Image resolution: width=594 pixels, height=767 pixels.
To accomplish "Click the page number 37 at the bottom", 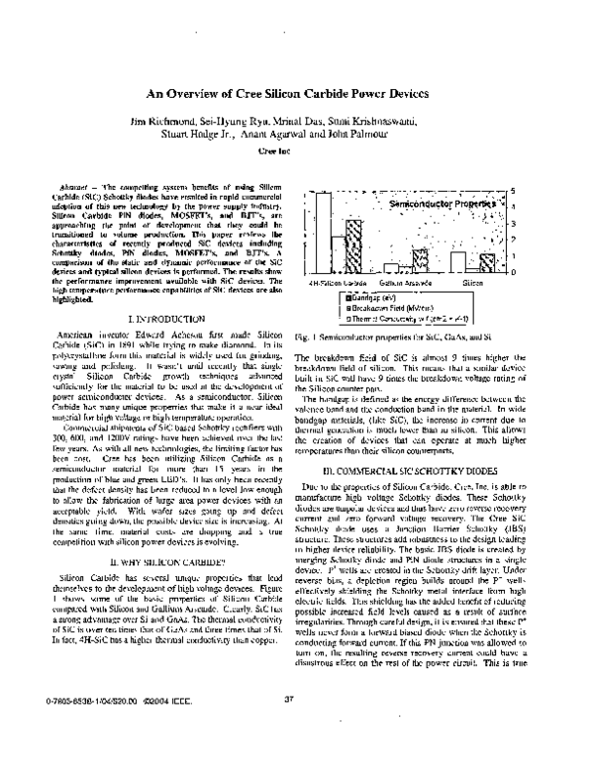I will (x=289, y=730).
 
